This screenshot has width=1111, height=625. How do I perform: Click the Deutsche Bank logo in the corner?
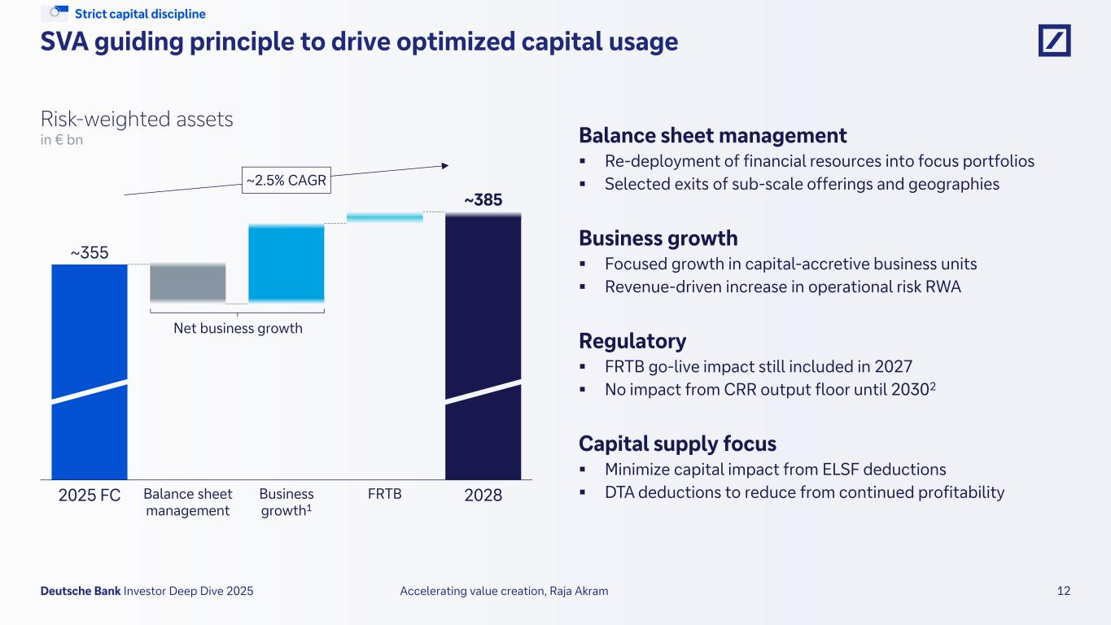pos(1054,41)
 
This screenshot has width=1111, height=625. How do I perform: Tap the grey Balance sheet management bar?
pos(188,282)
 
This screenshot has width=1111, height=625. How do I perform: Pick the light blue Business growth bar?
pos(286,263)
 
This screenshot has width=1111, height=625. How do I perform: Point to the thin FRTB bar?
pos(384,217)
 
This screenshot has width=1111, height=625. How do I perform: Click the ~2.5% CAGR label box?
pos(286,181)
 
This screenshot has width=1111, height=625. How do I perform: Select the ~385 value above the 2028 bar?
pos(483,199)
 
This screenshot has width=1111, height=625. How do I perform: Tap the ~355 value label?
pos(90,252)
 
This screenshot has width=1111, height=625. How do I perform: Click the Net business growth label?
pos(237,329)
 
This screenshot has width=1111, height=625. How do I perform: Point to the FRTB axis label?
pos(384,494)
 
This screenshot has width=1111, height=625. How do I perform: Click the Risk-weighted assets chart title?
pos(137,120)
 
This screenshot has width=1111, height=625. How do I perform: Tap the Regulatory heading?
pos(632,341)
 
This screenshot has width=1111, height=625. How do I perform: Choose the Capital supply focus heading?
pos(677,444)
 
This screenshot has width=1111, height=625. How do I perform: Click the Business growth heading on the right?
pos(658,238)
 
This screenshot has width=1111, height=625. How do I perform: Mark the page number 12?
pos(1064,592)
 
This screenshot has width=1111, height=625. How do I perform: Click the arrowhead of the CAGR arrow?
pos(444,165)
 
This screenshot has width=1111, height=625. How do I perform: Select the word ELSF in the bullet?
pos(841,470)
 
